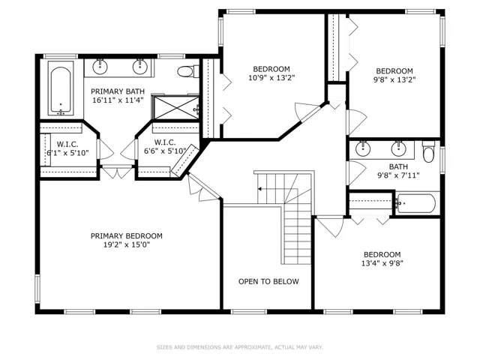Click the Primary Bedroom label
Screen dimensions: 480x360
coord(127,236)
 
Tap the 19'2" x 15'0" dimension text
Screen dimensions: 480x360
coord(127,245)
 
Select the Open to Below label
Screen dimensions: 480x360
coord(268,282)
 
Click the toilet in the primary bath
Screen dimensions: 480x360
coord(187,72)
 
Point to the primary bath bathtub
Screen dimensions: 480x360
coord(61,88)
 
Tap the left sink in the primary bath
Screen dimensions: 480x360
coord(100,67)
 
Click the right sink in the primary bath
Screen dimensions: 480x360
coord(139,67)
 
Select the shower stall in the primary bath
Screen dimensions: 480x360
coord(175,107)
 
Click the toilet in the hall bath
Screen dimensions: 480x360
coord(428,151)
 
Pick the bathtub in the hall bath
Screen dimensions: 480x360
coord(415,203)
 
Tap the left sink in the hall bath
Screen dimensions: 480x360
coord(363,148)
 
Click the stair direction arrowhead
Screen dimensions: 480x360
coord(259,189)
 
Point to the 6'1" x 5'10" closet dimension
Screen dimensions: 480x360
coord(67,153)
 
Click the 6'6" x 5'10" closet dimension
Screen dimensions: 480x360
coord(165,151)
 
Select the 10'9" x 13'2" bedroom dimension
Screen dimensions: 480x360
coord(271,78)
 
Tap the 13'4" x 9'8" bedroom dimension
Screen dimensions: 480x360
coord(382,263)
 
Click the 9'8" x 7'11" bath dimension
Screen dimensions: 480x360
coord(398,175)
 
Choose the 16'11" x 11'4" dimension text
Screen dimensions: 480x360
coord(118,100)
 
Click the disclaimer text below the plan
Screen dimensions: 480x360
coord(240,347)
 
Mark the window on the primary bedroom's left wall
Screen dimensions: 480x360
coord(37,289)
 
